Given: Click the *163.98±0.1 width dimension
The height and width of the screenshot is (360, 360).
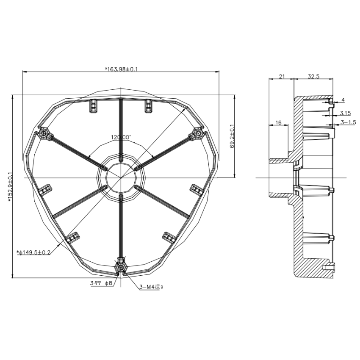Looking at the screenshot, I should click(x=121, y=69).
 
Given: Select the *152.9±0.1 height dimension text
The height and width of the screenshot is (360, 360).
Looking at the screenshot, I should click(x=10, y=186).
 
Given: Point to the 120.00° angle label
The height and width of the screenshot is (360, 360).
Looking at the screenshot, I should click(x=121, y=137).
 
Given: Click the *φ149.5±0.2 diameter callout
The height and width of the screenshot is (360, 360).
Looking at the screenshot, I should click(x=34, y=252).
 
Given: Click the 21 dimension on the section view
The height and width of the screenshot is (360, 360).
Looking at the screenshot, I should click(x=281, y=76).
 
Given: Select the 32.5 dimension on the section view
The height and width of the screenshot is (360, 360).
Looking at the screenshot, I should click(x=313, y=76).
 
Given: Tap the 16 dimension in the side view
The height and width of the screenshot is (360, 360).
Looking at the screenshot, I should click(x=278, y=122).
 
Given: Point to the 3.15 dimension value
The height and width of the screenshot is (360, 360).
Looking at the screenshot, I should click(x=345, y=113).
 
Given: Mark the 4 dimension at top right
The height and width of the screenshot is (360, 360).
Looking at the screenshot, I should click(x=343, y=100).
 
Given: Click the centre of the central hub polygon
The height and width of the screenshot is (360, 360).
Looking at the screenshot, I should click(x=121, y=177).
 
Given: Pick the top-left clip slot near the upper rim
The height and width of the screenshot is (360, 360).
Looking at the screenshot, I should click(x=93, y=105).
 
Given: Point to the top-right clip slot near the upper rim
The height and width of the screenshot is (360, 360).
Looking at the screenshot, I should click(x=148, y=105).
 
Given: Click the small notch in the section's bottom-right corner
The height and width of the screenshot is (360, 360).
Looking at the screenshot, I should click(x=330, y=267).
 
